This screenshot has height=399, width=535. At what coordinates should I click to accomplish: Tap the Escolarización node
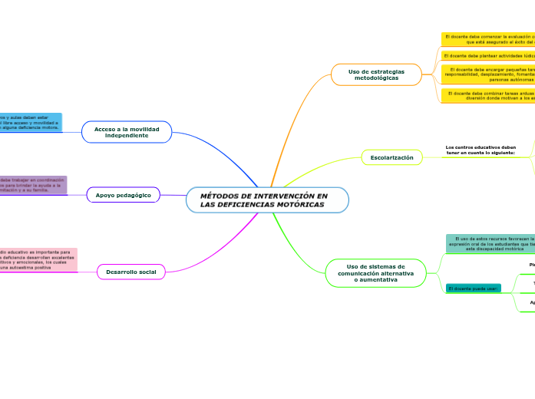[391, 157]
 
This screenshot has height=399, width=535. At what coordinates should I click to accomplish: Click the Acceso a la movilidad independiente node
[127, 132]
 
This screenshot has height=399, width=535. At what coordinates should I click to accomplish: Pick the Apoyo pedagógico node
[124, 196]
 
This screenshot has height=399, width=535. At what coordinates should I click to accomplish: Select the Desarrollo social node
[131, 272]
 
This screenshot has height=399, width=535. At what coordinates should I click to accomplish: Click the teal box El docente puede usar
[473, 289]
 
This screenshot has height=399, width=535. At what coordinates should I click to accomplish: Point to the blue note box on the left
[31, 123]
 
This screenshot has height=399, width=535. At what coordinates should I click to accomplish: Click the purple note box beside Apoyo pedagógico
[33, 186]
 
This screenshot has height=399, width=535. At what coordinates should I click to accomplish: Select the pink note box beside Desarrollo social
[38, 260]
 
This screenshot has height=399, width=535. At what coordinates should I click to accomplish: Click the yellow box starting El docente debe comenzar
[489, 39]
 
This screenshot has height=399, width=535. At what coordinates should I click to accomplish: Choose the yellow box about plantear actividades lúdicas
[489, 56]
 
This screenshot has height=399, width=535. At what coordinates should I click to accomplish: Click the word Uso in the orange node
[355, 71]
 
